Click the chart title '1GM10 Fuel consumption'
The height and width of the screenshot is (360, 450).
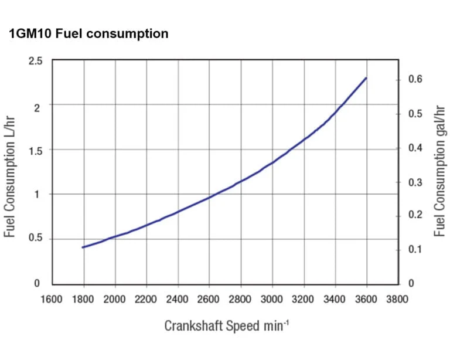pyautogui.click(x=88, y=34)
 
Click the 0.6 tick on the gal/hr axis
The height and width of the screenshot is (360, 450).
pyautogui.click(x=415, y=79)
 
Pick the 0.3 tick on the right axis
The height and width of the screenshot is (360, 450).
pyautogui.click(x=415, y=182)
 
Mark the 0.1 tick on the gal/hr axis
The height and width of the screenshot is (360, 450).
pyautogui.click(x=415, y=249)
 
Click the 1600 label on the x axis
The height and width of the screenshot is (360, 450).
pyautogui.click(x=52, y=299)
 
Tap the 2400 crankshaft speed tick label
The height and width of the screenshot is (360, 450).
pyautogui.click(x=178, y=299)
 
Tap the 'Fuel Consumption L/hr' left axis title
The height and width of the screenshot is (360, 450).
pyautogui.click(x=9, y=176)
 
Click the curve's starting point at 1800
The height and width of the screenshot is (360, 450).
pyautogui.click(x=83, y=247)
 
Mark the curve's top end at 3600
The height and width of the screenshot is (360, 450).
pyautogui.click(x=366, y=78)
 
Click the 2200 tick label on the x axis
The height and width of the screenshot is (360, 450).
pyautogui.click(x=146, y=299)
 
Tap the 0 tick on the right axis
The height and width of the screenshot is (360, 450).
pyautogui.click(x=411, y=284)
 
